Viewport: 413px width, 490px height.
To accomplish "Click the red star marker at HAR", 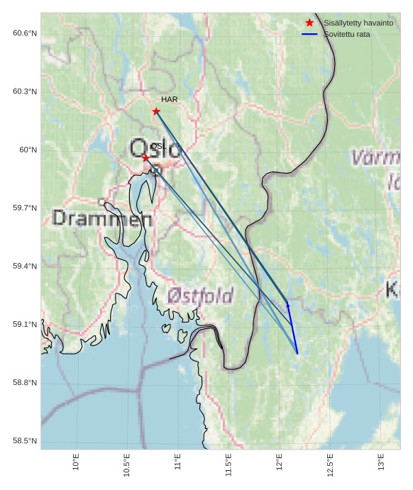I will point(156,111).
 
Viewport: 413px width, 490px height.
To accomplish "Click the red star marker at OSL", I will point(145,158).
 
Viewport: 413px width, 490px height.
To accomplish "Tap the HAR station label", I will point(169,100).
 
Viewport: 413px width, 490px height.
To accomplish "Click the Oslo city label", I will point(155,149).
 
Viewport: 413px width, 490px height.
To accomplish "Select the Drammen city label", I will point(102,218).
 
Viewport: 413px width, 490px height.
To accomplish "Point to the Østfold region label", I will point(200,296).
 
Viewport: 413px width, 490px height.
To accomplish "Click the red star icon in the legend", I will point(309,23).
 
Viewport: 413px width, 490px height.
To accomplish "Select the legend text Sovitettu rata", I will point(346,34).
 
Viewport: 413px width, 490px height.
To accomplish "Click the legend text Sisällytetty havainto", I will point(358,23).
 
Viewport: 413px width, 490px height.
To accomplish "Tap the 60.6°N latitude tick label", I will point(24,33).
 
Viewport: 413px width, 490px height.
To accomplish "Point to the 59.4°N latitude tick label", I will point(24,266).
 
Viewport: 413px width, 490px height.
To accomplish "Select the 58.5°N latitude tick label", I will point(24,441).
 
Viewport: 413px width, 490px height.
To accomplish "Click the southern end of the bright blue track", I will point(297,352).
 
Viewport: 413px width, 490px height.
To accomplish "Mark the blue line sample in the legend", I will point(309,34).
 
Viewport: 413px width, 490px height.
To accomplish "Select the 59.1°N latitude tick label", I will point(24,324).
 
